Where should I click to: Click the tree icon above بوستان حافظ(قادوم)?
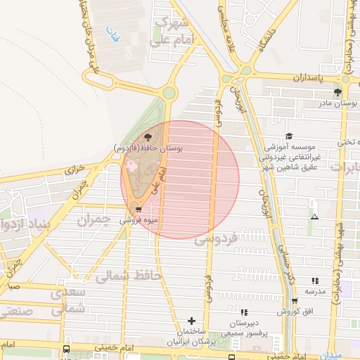[x=148, y=136]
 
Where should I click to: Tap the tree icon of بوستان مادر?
[x=337, y=92]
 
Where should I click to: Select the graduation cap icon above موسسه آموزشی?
[x=288, y=136]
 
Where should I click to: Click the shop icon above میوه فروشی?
[x=138, y=209]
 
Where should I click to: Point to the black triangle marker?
[x=314, y=216]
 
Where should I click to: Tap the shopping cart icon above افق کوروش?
[x=289, y=298]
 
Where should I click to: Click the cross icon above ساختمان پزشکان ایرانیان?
[x=191, y=321]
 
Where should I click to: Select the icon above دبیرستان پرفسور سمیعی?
[x=243, y=311]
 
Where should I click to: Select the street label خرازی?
[x=75, y=169]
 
